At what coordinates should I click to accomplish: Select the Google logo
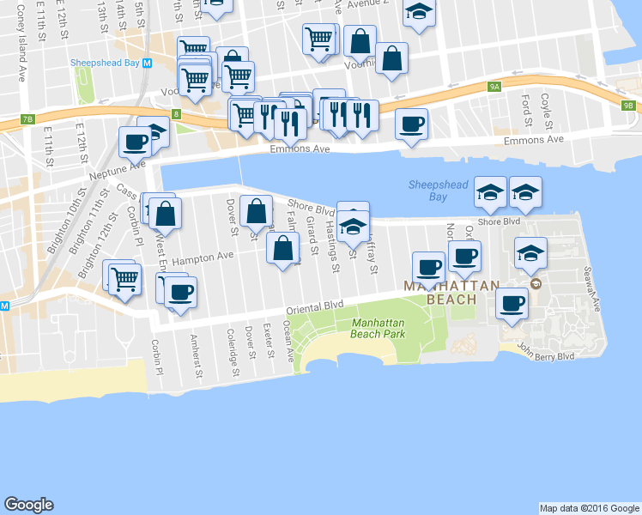pos(28,505)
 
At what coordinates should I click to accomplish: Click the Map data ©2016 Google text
pos(589,508)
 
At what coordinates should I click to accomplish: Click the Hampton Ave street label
pos(203,257)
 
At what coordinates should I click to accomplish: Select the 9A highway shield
pos(494,87)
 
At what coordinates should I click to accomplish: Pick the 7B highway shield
pos(27,118)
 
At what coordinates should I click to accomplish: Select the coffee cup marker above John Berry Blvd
pos(513,303)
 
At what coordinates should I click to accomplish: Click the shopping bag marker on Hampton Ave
pos(283,249)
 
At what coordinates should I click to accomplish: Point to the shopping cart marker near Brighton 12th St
pos(125,278)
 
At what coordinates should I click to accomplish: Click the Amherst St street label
pos(197,355)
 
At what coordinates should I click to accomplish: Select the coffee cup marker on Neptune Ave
pos(136,142)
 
